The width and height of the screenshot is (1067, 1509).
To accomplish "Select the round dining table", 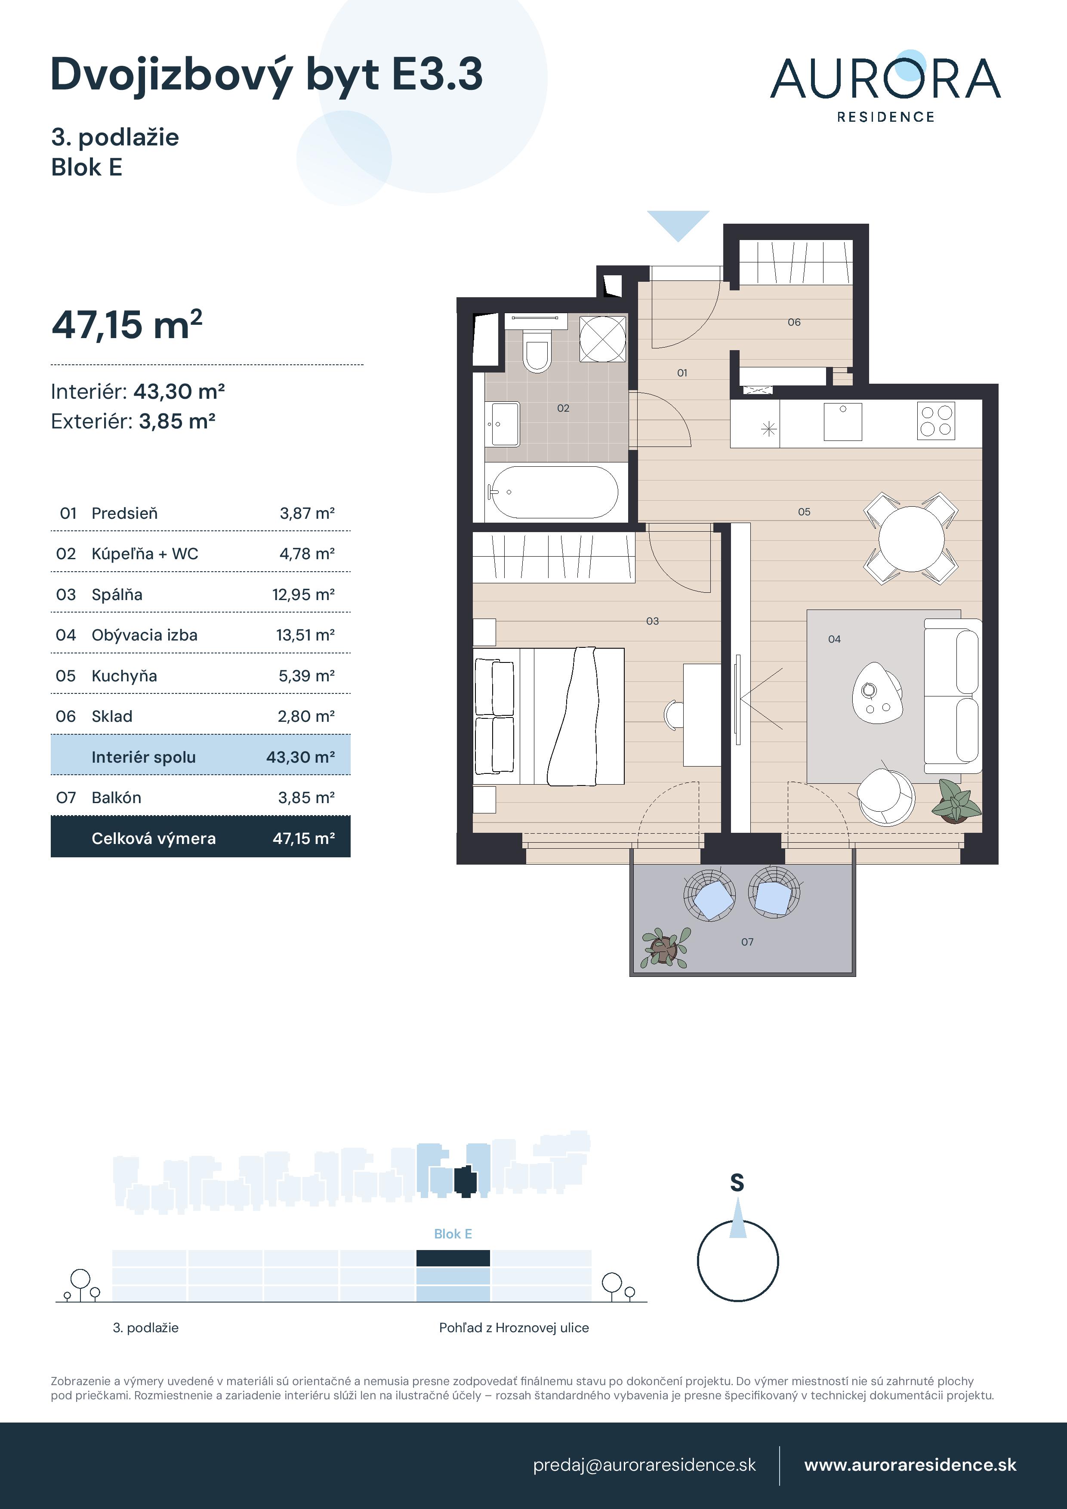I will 911,538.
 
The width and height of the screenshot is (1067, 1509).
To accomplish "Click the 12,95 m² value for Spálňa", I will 303,595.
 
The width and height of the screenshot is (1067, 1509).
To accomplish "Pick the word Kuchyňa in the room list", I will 124,676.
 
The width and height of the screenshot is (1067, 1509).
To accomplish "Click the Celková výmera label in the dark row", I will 153,839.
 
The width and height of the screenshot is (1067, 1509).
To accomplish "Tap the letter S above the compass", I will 737,1183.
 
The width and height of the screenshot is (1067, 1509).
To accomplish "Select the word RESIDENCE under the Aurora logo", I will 885,117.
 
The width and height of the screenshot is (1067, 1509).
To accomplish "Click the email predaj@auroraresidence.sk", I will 644,1465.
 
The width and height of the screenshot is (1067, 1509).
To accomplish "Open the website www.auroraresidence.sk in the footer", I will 910,1465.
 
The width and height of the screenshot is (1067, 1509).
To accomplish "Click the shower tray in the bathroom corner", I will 602,339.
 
